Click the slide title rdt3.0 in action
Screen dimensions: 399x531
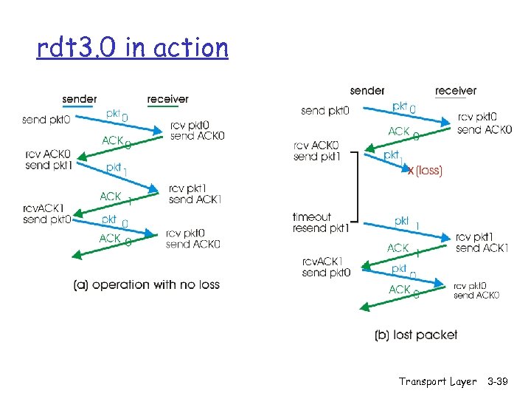[133, 48]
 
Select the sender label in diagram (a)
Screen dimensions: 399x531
[80, 98]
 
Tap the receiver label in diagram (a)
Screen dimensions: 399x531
[167, 98]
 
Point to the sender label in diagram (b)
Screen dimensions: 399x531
[367, 90]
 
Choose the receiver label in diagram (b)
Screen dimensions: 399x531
[455, 90]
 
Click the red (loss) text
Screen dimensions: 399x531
[428, 171]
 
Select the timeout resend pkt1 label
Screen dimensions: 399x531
[319, 222]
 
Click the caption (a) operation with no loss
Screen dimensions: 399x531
[147, 284]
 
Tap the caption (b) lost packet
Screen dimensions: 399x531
[416, 335]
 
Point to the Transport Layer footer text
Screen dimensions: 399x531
[437, 381]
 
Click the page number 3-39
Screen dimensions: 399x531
[503, 381]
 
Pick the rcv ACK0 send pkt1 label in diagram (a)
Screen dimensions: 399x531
[46, 159]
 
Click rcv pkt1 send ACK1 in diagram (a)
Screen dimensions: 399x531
[195, 194]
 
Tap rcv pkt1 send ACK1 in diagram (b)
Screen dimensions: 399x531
[482, 242]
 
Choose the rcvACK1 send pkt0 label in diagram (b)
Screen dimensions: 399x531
[326, 267]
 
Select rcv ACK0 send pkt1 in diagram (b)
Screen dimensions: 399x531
[317, 151]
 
